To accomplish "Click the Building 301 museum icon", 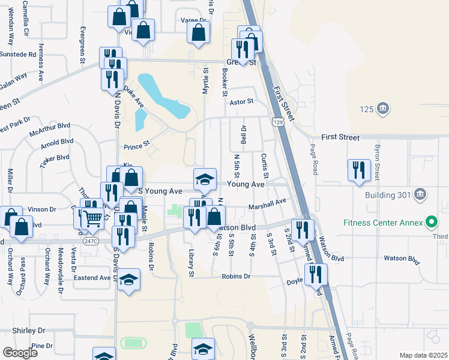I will pos(420,194).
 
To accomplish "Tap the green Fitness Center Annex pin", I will pos(431,223).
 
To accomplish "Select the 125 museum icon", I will pos(384,109).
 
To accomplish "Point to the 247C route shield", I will pos(90,241).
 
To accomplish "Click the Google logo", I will pos(20,353).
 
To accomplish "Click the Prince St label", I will pos(136,146).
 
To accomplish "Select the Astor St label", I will pos(242,103).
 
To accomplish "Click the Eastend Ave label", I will pos(92,278).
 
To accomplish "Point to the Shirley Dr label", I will pos(29,331).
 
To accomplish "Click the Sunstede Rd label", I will pos(18,54).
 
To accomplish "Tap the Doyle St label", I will pos(294,281).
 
